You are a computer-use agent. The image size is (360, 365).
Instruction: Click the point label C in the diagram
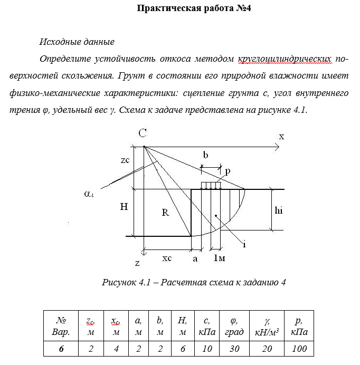[143, 134]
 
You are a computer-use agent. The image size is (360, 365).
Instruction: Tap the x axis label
[281, 136]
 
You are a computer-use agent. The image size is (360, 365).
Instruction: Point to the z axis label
[137, 262]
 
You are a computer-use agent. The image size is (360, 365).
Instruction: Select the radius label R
[165, 213]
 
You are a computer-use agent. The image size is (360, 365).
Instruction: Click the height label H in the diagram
[124, 207]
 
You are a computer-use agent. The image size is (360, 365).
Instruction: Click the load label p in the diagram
[228, 171]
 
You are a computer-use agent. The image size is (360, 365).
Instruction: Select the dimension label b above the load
[206, 156]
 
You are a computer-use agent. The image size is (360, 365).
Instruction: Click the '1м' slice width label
[219, 258]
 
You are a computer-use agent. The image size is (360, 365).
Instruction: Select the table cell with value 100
[299, 349]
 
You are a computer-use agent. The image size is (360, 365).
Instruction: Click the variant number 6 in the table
[61, 349]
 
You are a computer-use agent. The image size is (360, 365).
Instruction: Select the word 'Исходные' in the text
[59, 42]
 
